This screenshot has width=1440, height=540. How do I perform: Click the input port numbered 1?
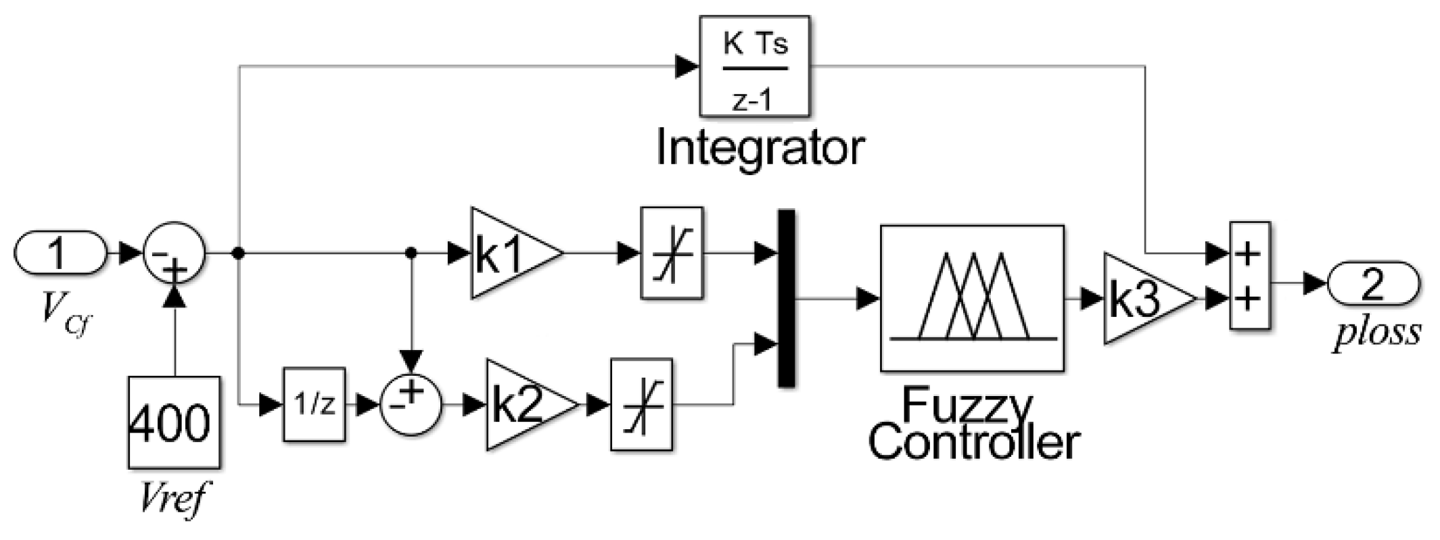[60, 253]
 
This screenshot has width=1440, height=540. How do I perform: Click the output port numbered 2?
[1373, 285]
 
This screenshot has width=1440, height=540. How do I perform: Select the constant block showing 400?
[174, 422]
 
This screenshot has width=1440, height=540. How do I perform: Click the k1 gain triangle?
[511, 253]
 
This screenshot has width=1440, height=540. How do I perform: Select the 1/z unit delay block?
[314, 405]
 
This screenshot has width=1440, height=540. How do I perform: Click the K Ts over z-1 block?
[753, 66]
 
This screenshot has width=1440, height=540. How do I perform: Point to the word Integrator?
[760, 149]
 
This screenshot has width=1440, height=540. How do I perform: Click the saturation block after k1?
[672, 253]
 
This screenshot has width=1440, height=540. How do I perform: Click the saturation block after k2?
[641, 405]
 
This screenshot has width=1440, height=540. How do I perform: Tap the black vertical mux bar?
[786, 298]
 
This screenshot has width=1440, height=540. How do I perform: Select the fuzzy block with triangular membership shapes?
[972, 298]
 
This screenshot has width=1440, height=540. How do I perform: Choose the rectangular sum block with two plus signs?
[1249, 276]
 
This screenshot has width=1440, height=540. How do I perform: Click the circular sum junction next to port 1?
[174, 253]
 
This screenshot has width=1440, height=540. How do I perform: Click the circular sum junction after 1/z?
[411, 405]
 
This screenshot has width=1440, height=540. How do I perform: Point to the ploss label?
[1376, 333]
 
